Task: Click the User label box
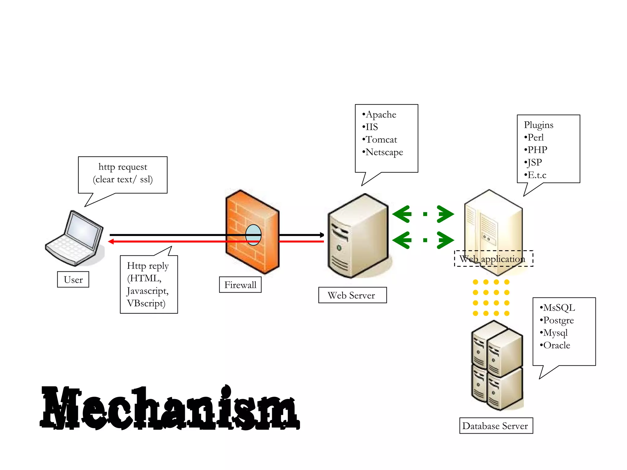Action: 73,279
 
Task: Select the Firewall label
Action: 240,285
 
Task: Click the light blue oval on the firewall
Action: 253,235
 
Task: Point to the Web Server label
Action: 352,295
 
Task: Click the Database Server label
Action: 496,426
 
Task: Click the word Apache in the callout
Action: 381,114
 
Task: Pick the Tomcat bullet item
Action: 381,140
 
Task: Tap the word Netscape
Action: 384,152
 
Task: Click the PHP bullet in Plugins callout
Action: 537,150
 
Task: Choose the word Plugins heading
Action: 539,125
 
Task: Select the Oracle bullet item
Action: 556,345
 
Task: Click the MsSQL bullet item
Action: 559,308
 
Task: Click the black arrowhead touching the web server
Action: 322,235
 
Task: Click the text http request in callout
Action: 123,167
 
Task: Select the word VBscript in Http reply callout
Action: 146,303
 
